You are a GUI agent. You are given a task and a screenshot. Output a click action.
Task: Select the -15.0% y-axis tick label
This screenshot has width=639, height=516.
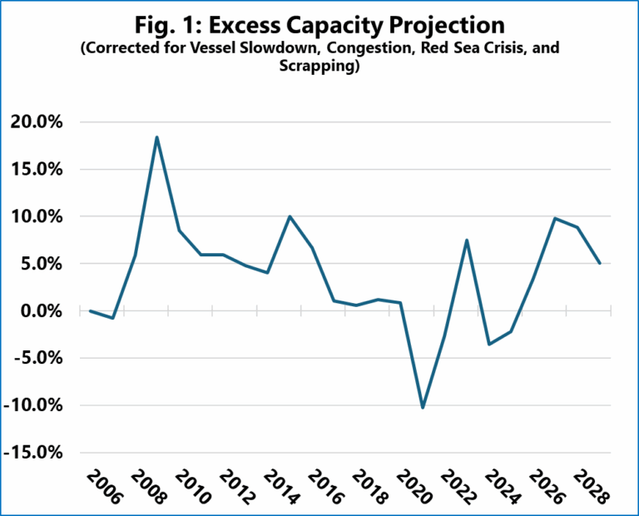(x=36, y=453)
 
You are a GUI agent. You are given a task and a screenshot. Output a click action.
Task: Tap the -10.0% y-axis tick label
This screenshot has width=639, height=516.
(x=36, y=405)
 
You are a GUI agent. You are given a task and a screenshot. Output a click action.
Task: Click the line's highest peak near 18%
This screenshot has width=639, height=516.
(x=156, y=137)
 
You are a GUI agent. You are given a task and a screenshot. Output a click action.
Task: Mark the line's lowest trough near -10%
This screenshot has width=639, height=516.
(x=423, y=408)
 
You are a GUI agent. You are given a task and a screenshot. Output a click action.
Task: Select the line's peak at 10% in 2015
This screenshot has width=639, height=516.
(x=290, y=216)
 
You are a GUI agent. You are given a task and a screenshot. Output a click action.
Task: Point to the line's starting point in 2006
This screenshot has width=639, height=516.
(x=90, y=310)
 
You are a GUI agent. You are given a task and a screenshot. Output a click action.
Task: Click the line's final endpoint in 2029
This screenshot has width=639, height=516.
(x=600, y=263)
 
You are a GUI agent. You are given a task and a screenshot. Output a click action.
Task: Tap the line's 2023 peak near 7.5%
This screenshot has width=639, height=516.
(x=468, y=241)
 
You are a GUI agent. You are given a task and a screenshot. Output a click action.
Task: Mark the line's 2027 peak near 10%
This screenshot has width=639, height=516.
(x=555, y=218)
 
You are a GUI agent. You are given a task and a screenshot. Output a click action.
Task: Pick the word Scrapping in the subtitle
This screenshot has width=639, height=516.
(x=319, y=67)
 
